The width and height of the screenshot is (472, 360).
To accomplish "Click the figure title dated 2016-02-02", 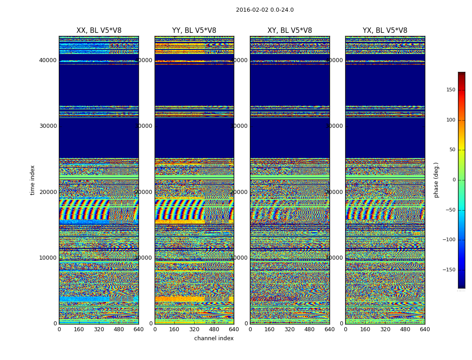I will pos(265,10).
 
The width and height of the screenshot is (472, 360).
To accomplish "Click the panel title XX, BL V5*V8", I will pos(99,31).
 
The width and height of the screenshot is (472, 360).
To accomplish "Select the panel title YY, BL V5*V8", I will pos(194,31).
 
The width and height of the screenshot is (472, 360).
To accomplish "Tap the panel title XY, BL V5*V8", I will pos(290,31).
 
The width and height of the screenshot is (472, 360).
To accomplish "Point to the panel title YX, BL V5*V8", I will pos(385,31).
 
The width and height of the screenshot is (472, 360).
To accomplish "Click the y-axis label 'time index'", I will pos(32,180).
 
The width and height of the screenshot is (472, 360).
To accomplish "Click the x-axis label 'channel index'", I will pos(214,338).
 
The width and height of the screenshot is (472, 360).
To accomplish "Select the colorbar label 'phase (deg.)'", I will pos(436,180).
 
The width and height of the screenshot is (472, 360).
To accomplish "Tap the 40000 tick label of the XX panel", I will pos(48,60).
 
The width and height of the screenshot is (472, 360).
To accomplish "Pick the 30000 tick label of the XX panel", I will pos(48,126).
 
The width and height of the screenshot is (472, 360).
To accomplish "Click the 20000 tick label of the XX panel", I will pos(48,192).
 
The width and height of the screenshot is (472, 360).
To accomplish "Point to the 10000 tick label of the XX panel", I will pos(48,258).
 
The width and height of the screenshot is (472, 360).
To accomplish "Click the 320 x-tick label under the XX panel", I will pos(99,329).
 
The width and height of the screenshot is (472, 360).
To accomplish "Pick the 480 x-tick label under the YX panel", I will pos(405,329).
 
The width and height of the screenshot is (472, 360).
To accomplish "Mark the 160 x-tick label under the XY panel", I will pos(270,329).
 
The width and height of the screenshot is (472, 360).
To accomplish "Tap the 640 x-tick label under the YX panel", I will pos(425,329).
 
